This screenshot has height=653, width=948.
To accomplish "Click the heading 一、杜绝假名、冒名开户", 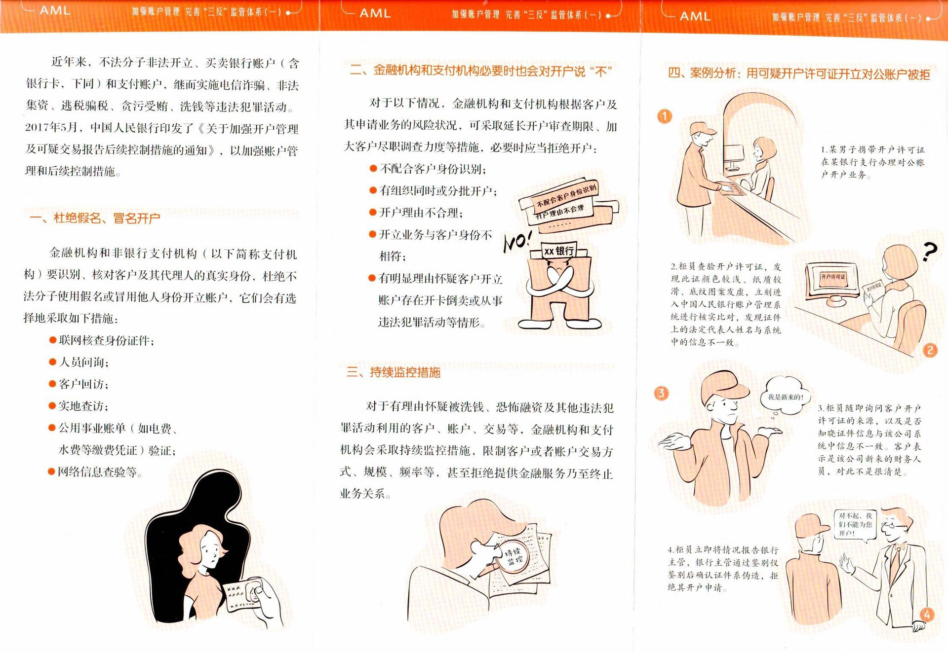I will (95, 218).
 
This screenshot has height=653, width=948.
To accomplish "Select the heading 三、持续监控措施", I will (393, 372).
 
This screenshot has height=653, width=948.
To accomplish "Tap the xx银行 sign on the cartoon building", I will (558, 251).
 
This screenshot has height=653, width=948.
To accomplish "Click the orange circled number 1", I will (665, 116).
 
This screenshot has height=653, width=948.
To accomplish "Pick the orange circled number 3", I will (661, 393).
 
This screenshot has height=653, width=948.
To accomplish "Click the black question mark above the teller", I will (930, 252).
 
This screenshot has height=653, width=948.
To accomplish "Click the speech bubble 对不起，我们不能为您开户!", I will (855, 524).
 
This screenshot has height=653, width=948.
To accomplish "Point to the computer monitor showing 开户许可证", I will (832, 281).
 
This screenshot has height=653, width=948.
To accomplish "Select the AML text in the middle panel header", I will (375, 13).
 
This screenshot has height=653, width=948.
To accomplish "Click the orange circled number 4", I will (927, 615).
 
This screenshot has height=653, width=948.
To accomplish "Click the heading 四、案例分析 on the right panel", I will (798, 74).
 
